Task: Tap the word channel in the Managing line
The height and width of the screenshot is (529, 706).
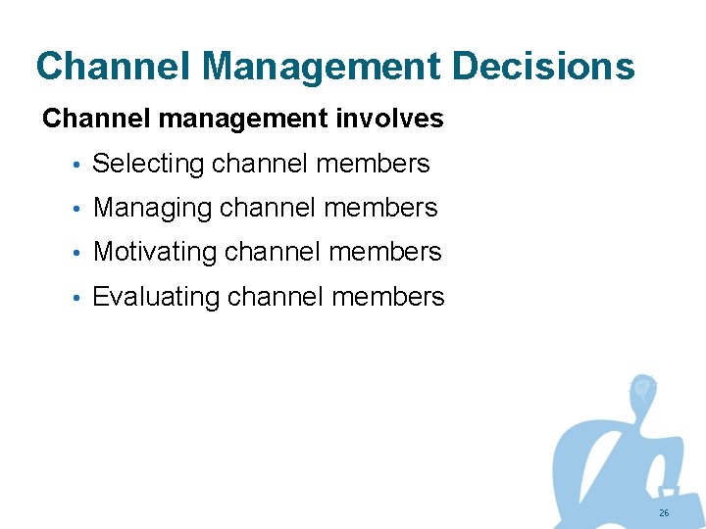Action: (x=268, y=208)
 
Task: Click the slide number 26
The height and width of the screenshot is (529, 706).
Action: (x=664, y=513)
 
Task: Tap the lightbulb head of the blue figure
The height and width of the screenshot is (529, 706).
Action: (x=642, y=388)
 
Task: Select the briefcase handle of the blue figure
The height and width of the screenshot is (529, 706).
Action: (x=670, y=489)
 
